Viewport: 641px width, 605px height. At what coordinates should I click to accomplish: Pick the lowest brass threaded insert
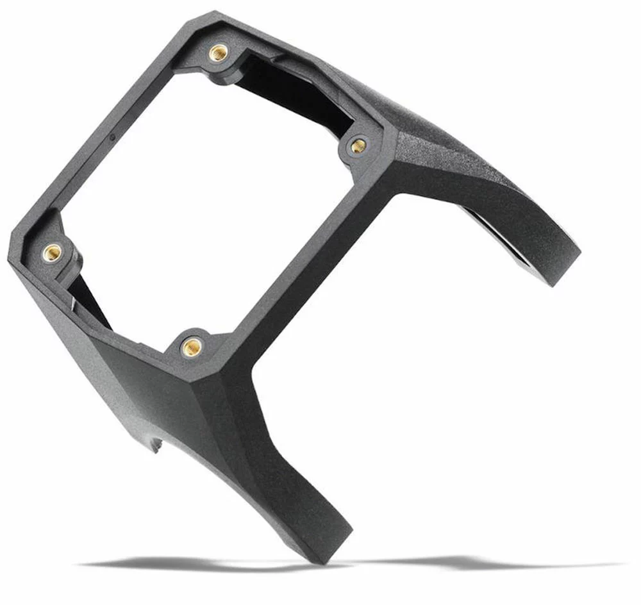pyautogui.click(x=191, y=346)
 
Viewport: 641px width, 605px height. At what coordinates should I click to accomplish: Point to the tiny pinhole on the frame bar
pyautogui.click(x=113, y=137)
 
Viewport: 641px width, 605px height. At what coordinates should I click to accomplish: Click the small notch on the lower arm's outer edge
pyautogui.click(x=156, y=442)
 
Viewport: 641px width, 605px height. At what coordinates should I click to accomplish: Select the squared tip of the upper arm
pyautogui.click(x=564, y=269)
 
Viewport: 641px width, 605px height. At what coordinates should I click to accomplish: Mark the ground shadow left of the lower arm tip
pyautogui.click(x=192, y=564)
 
